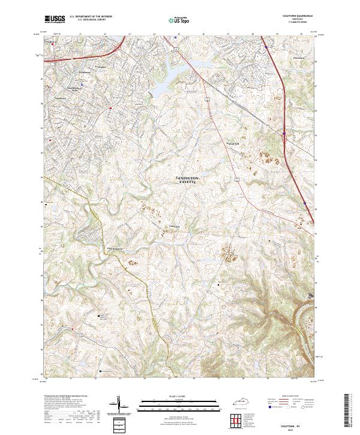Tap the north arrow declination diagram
(x=119, y=406)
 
